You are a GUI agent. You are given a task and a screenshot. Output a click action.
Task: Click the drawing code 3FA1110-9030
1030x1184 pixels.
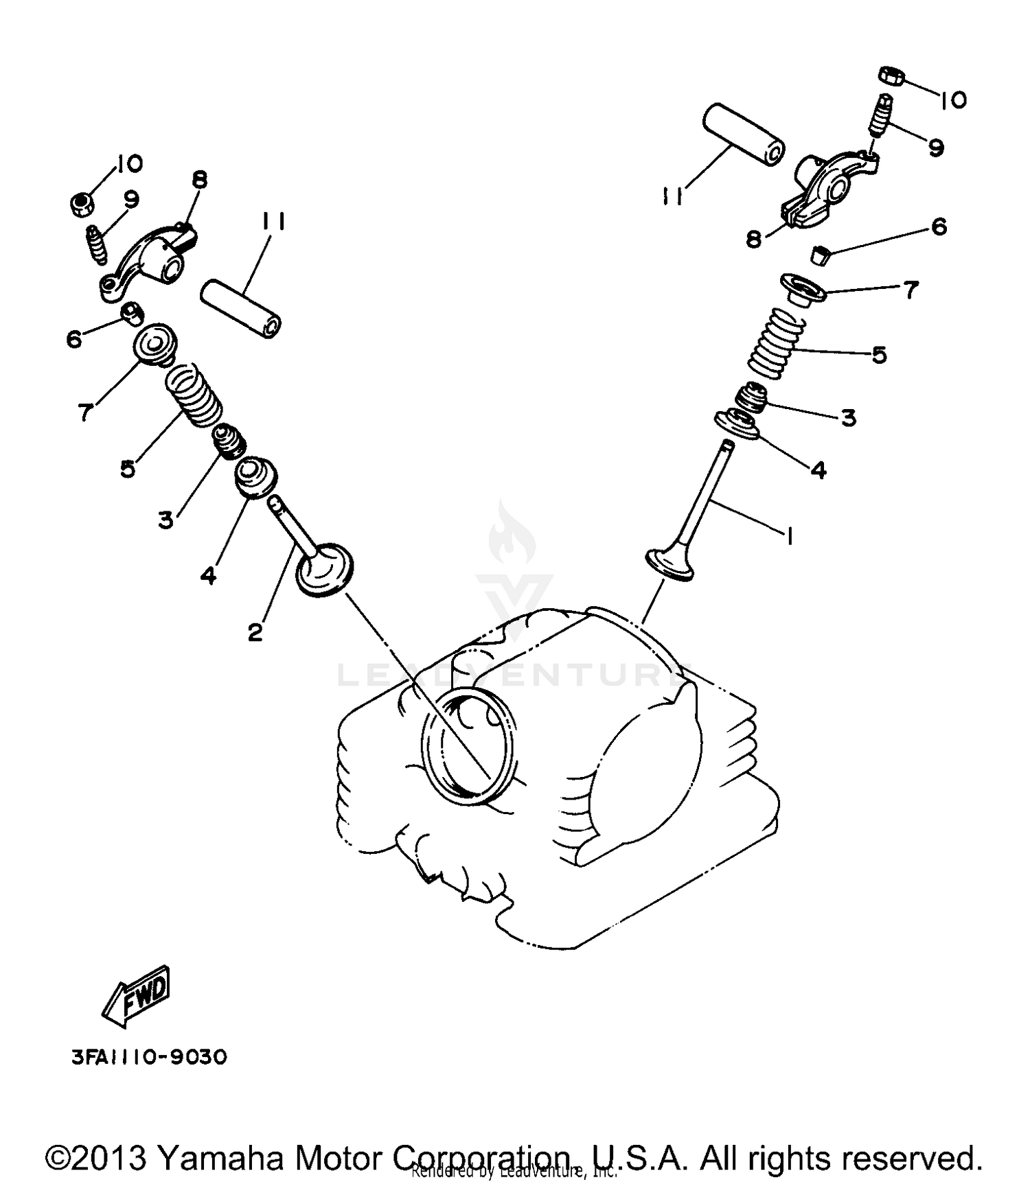149,1056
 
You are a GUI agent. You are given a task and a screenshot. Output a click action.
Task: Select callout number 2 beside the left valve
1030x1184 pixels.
255,632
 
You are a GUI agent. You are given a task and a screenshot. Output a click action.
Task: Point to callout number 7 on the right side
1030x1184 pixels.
911,290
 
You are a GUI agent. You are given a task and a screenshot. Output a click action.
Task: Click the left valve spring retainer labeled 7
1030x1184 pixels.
154,344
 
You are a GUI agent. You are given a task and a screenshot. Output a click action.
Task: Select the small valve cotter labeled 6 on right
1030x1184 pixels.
819,256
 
